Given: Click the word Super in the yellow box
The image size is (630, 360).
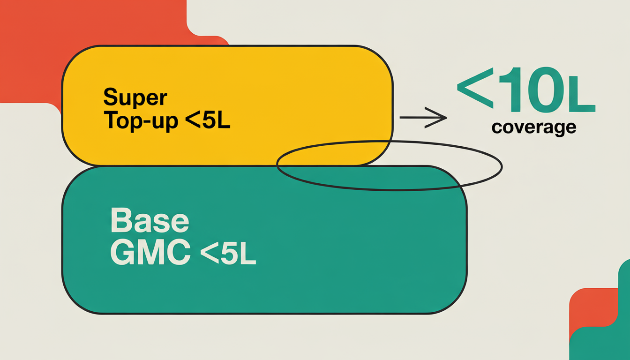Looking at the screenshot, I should (x=135, y=97).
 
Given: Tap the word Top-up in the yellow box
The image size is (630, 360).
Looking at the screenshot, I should (x=141, y=121).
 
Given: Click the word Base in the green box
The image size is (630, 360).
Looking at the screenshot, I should (x=150, y=222).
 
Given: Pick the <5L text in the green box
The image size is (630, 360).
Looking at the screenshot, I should (x=228, y=254).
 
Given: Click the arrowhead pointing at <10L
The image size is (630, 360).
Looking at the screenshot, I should (x=438, y=118).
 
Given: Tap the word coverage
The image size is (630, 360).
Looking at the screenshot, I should (x=533, y=127).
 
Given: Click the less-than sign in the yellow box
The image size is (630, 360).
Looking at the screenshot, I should (x=192, y=121).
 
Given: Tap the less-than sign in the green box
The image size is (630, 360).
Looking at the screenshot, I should (x=209, y=254).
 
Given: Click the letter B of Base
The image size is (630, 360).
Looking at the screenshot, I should (x=120, y=222).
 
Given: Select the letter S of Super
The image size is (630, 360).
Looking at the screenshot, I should (x=110, y=97).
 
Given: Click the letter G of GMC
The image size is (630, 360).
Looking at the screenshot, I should (x=122, y=254).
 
